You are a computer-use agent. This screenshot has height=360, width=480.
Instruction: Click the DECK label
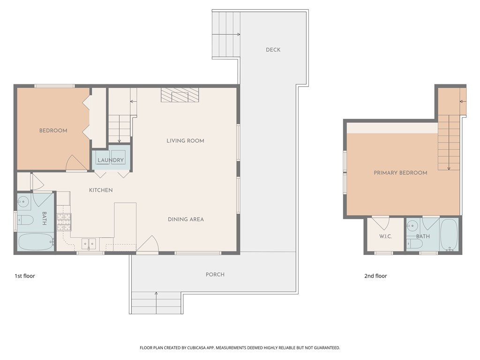click(x=273, y=50)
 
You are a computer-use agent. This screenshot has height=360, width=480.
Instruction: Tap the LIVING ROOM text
click(x=185, y=141)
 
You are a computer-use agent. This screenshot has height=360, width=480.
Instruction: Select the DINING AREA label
click(x=186, y=219)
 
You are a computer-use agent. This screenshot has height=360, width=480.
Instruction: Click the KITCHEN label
click(x=101, y=190)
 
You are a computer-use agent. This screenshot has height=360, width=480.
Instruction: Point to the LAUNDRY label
click(x=111, y=160)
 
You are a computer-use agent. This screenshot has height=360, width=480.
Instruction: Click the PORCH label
click(x=215, y=275)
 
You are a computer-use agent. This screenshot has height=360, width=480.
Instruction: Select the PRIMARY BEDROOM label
click(x=400, y=173)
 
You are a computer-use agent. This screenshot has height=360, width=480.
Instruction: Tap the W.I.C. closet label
click(x=385, y=236)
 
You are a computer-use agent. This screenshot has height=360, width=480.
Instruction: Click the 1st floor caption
click(x=25, y=276)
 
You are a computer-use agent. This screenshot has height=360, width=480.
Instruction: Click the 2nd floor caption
click(x=375, y=276)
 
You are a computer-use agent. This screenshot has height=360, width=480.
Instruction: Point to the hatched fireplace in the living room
click(x=180, y=95)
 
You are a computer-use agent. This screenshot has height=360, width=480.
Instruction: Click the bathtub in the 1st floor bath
click(x=36, y=242)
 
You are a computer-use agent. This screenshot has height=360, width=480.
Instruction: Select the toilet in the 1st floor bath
click(x=25, y=220)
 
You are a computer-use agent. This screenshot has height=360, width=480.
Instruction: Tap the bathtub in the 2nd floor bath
click(x=449, y=235)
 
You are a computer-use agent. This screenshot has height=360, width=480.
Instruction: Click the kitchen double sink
click(x=89, y=244)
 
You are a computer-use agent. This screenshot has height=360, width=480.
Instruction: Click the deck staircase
click(x=226, y=34)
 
